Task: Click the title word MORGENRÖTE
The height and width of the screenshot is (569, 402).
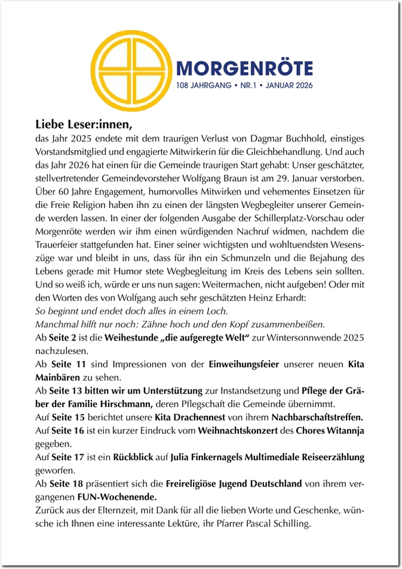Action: tap(244, 68)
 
